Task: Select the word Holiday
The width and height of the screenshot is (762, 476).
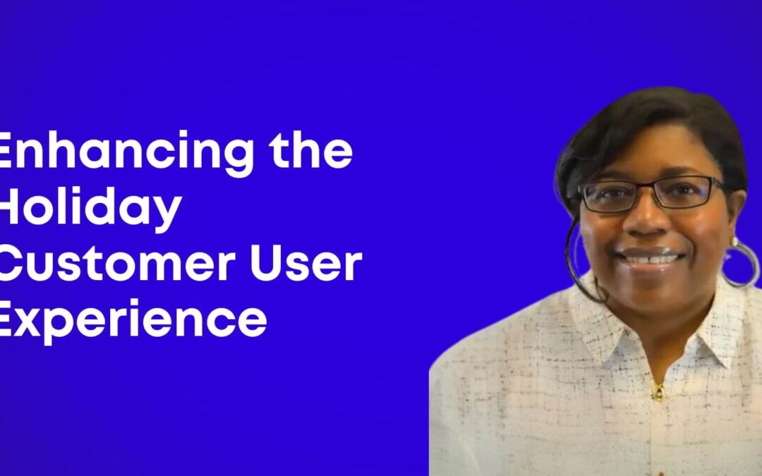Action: [x=88, y=209]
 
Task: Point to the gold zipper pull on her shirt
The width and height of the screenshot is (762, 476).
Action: [x=657, y=390]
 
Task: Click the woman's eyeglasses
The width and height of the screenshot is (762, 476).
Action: [x=649, y=194]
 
